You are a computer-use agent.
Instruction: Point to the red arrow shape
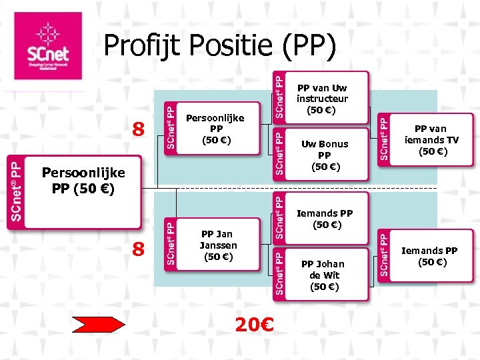pos(98,324)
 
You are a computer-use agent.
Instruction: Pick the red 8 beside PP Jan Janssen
pos(138,250)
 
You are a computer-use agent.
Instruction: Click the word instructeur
pos(322,98)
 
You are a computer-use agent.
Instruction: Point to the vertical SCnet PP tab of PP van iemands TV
pos(384,137)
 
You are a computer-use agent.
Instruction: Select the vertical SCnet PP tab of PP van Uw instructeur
pos(281,97)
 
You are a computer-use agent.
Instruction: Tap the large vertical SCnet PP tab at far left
pos(15,192)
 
